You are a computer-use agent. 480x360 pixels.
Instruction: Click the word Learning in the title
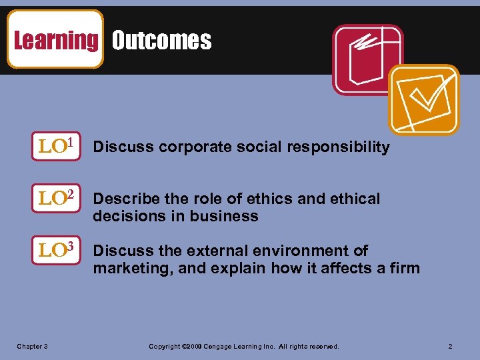coord(55,40)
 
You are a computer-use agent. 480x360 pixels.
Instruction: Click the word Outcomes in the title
coord(161,41)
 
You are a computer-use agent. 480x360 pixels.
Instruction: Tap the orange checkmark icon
coord(423,99)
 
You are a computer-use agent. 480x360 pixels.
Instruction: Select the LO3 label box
coord(56,251)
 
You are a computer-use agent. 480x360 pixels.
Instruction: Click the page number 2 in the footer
coord(451,347)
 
